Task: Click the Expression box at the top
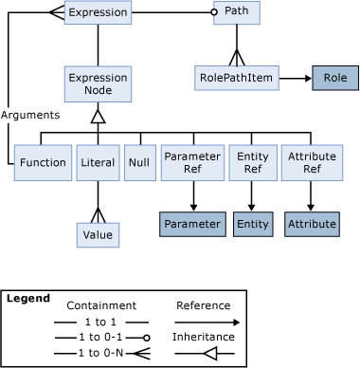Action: pyautogui.click(x=98, y=12)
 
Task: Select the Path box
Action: pyautogui.click(x=237, y=12)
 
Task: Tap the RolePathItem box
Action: pyautogui.click(x=238, y=77)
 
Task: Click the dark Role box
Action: pyautogui.click(x=334, y=77)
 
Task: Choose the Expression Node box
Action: pyautogui.click(x=98, y=83)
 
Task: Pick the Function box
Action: pyautogui.click(x=44, y=162)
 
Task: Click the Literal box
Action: pyautogui.click(x=98, y=162)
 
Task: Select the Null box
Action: pyautogui.click(x=140, y=162)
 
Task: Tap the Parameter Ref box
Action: pyautogui.click(x=192, y=162)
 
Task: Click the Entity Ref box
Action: pyautogui.click(x=252, y=162)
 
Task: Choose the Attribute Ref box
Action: pyautogui.click(x=312, y=162)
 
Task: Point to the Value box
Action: pyautogui.click(x=98, y=234)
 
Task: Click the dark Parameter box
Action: pyautogui.click(x=192, y=224)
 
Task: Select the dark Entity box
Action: pyautogui.click(x=252, y=224)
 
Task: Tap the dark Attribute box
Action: pyautogui.click(x=312, y=224)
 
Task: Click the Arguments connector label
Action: pyautogui.click(x=30, y=114)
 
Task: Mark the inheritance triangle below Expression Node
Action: pyautogui.click(x=98, y=116)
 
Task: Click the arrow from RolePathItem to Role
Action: pyautogui.click(x=296, y=77)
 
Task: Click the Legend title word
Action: pyautogui.click(x=27, y=299)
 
